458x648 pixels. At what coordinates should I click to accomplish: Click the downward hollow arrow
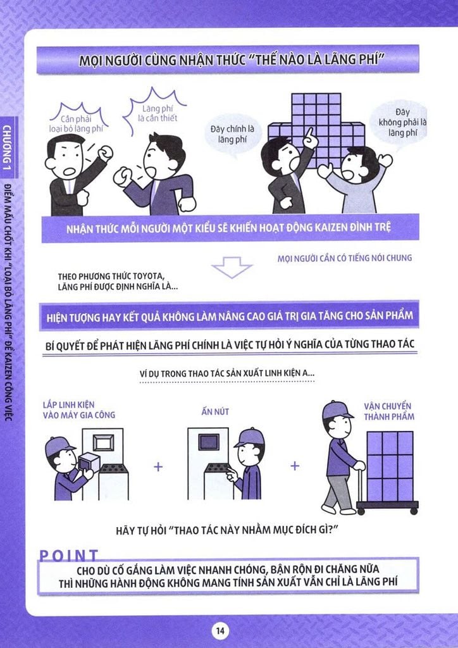click(x=232, y=267)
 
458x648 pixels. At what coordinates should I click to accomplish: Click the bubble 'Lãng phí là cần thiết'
click(x=157, y=111)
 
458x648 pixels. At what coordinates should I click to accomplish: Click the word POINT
click(x=69, y=556)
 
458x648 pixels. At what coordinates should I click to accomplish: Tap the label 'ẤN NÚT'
click(x=215, y=411)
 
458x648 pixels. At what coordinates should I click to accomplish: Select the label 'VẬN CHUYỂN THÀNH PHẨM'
click(x=388, y=411)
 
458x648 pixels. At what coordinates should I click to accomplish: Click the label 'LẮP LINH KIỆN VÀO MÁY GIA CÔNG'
click(x=79, y=409)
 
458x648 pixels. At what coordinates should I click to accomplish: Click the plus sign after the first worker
click(x=158, y=466)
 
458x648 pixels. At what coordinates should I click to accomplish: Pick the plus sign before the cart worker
click(x=294, y=466)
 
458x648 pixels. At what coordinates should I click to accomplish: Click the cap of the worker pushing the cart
click(x=337, y=409)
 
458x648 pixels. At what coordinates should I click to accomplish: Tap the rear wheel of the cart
click(x=361, y=511)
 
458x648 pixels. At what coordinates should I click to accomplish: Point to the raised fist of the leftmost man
click(x=105, y=153)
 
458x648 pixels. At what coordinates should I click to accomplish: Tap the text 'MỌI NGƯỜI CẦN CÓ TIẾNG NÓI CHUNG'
click(x=344, y=258)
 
